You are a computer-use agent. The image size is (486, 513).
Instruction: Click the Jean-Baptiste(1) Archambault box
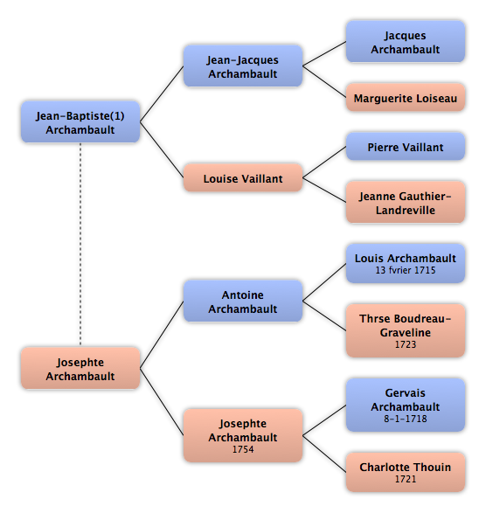click(x=80, y=122)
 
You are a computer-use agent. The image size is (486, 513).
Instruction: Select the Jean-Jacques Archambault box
click(x=243, y=66)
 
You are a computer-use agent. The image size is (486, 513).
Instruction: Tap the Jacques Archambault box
click(x=406, y=42)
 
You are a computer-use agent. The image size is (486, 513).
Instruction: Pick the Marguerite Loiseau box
click(x=406, y=98)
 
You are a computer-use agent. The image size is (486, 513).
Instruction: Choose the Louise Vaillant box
click(x=243, y=178)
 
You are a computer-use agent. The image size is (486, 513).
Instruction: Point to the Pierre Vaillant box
click(x=406, y=147)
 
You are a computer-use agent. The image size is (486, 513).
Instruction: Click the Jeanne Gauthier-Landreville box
click(x=406, y=202)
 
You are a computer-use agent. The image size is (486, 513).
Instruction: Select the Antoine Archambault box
click(x=243, y=301)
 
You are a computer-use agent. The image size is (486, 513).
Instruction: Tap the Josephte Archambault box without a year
click(x=80, y=369)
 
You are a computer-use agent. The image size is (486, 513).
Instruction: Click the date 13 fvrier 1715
click(x=406, y=270)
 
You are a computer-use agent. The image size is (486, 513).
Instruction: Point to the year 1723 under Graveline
click(x=406, y=344)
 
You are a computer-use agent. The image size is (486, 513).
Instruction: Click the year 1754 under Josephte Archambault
click(x=243, y=449)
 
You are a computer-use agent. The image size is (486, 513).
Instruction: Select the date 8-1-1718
click(x=406, y=419)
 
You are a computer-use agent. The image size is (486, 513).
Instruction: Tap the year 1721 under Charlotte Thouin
click(x=406, y=479)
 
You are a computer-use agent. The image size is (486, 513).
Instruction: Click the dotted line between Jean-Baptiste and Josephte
click(x=80, y=245)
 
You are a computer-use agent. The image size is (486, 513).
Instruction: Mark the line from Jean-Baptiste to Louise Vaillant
click(x=162, y=149)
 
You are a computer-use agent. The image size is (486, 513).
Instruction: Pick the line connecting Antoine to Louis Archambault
click(x=324, y=282)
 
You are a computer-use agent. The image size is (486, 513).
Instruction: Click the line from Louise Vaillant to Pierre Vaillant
click(x=324, y=163)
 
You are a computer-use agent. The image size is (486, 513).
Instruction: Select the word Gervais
click(x=406, y=393)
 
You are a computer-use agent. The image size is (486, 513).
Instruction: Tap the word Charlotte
click(x=384, y=468)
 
